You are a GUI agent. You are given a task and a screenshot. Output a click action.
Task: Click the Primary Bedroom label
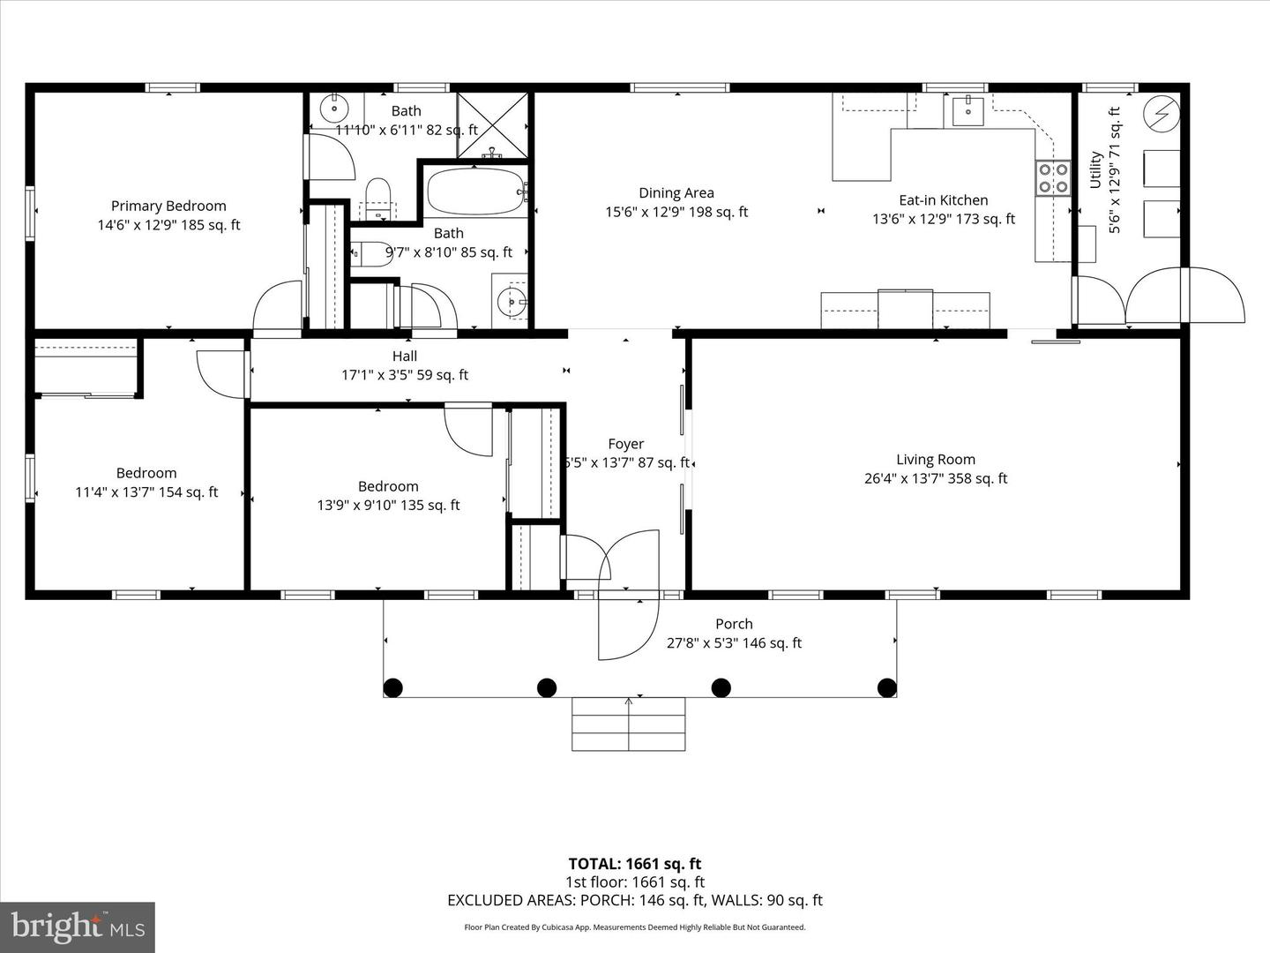(x=168, y=206)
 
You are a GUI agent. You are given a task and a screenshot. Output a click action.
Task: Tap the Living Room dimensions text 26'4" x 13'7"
(x=936, y=478)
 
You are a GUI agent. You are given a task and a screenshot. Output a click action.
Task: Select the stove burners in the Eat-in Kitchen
(x=1051, y=177)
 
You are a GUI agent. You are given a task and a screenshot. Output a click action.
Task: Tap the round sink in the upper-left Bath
(x=334, y=109)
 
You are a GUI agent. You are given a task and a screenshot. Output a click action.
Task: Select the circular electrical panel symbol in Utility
(x=1161, y=115)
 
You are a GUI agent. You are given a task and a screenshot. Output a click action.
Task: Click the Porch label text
(x=734, y=624)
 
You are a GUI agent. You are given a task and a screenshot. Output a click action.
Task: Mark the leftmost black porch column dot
(x=393, y=687)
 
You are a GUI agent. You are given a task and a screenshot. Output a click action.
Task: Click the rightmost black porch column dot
(x=886, y=687)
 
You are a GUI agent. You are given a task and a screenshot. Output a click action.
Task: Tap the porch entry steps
(x=629, y=724)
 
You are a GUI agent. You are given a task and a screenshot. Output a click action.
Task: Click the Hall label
(x=405, y=356)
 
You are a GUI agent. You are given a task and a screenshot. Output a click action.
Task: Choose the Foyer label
(x=625, y=444)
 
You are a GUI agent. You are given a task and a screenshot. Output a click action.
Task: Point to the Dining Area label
(x=676, y=192)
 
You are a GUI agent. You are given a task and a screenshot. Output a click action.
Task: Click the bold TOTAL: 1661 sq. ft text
(x=635, y=864)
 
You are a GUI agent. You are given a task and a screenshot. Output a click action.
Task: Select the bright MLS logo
(x=78, y=927)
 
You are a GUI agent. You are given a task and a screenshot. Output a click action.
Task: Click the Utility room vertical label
(x=1096, y=169)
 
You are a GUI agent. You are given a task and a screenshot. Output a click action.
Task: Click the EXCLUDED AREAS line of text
(x=635, y=900)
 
